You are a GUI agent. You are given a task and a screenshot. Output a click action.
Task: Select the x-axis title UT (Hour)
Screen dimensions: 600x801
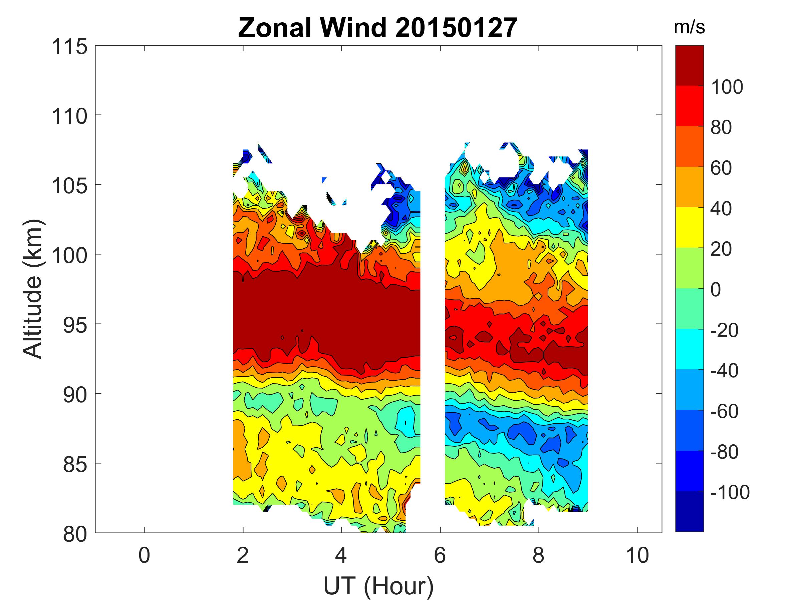click(378, 586)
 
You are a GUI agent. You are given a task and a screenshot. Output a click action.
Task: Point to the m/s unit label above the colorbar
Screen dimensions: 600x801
click(689, 27)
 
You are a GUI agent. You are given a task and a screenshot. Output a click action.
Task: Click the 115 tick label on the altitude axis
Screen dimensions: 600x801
click(69, 47)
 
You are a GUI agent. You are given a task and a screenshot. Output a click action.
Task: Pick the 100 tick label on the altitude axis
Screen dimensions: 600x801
click(69, 255)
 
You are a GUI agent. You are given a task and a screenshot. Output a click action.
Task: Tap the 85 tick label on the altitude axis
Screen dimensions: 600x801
click(75, 464)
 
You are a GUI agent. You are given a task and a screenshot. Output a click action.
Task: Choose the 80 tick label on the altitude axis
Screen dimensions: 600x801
click(75, 534)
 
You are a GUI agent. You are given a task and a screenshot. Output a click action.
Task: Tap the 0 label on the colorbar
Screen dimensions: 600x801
click(716, 290)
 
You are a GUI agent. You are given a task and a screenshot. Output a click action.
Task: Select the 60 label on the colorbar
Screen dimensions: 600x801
click(721, 168)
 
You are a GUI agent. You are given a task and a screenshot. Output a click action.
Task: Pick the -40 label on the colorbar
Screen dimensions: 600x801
click(725, 371)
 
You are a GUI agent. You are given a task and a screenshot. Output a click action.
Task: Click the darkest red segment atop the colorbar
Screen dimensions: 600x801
click(690, 65)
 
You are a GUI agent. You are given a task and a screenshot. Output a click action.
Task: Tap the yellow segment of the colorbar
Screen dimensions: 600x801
click(690, 227)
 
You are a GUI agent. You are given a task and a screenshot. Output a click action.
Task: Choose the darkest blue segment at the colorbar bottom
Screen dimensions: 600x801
click(690, 511)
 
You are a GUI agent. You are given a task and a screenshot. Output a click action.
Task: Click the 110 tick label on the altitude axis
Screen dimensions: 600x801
click(69, 116)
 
